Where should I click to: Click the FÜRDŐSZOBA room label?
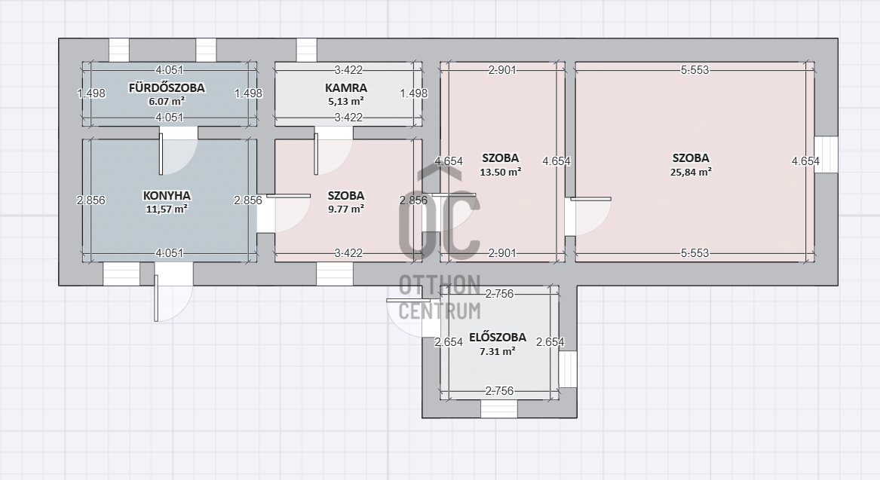167,88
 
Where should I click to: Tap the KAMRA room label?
345,88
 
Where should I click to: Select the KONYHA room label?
167,196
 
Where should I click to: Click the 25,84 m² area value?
691,172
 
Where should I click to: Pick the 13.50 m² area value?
500,172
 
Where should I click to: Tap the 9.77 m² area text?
345,209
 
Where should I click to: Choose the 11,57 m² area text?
167,209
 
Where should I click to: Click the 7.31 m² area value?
498,352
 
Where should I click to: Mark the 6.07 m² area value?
167,102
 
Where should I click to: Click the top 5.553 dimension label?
694,70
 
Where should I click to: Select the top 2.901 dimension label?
502,70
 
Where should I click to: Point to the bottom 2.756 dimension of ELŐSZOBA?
499,391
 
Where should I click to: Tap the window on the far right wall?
826,154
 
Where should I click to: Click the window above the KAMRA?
306,50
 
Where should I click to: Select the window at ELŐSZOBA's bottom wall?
499,408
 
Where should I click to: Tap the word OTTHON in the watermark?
440,285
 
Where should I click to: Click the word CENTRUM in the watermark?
440,310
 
